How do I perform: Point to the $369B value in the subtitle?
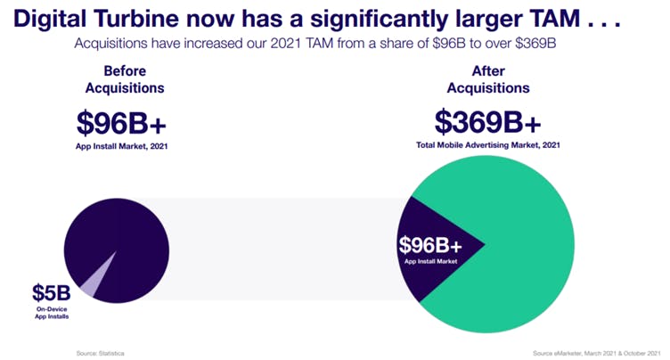[535, 43]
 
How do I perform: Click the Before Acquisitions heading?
[125, 79]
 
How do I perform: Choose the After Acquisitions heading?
[488, 79]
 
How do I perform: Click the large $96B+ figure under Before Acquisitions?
[121, 123]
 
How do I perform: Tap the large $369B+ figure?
[488, 122]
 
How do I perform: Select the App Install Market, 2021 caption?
[122, 146]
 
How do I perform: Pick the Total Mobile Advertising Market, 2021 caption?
[488, 145]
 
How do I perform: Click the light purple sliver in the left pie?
[94, 282]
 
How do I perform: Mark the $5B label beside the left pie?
[52, 293]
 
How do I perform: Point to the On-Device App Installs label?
[52, 313]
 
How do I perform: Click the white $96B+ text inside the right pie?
[430, 245]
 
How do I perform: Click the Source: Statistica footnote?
[101, 354]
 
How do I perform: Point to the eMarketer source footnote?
[597, 354]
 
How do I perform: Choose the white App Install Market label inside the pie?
[430, 262]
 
